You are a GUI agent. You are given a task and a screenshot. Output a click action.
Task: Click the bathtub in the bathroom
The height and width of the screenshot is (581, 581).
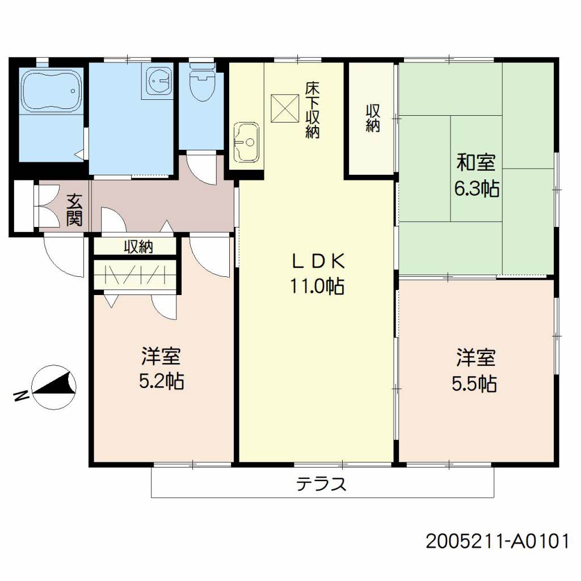(x=52, y=91)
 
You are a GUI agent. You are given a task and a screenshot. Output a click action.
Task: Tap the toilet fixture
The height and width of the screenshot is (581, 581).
(x=202, y=82)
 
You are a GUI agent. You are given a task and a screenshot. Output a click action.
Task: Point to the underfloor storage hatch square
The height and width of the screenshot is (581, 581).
(x=285, y=108)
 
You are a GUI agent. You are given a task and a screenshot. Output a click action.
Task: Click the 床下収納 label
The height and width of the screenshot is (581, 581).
(x=312, y=110)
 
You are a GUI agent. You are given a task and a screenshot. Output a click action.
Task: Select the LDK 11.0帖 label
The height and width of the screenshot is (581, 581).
(x=318, y=273)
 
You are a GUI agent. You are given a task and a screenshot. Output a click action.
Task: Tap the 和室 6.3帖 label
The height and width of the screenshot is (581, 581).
(x=477, y=175)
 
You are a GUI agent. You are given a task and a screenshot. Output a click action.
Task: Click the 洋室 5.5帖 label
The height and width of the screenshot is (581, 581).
(x=475, y=370)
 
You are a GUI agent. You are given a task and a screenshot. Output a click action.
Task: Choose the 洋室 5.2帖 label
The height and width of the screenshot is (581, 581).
(x=161, y=368)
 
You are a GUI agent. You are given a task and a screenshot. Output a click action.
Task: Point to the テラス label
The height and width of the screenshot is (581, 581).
(x=321, y=484)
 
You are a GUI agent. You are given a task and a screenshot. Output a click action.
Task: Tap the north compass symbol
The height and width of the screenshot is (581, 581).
(x=54, y=387)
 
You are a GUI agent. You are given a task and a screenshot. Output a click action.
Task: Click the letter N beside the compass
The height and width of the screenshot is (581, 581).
(x=21, y=396)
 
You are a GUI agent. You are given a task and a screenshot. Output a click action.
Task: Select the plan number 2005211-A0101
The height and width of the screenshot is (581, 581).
(x=497, y=541)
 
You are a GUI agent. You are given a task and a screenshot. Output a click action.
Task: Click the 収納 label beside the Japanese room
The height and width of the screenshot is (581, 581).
(x=373, y=118)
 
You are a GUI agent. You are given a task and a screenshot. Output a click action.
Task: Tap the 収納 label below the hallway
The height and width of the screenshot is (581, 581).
(x=138, y=246)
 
